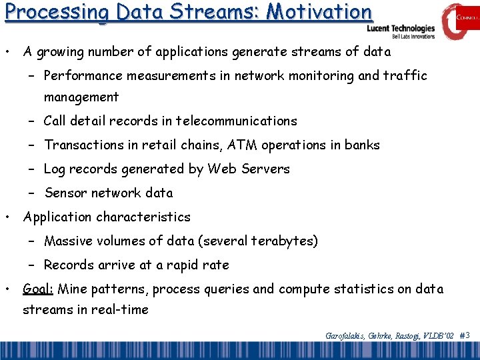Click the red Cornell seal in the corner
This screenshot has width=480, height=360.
click(459, 20)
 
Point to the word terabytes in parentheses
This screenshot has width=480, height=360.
click(281, 241)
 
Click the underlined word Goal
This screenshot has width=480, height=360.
click(39, 289)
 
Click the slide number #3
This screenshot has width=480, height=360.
click(465, 335)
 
